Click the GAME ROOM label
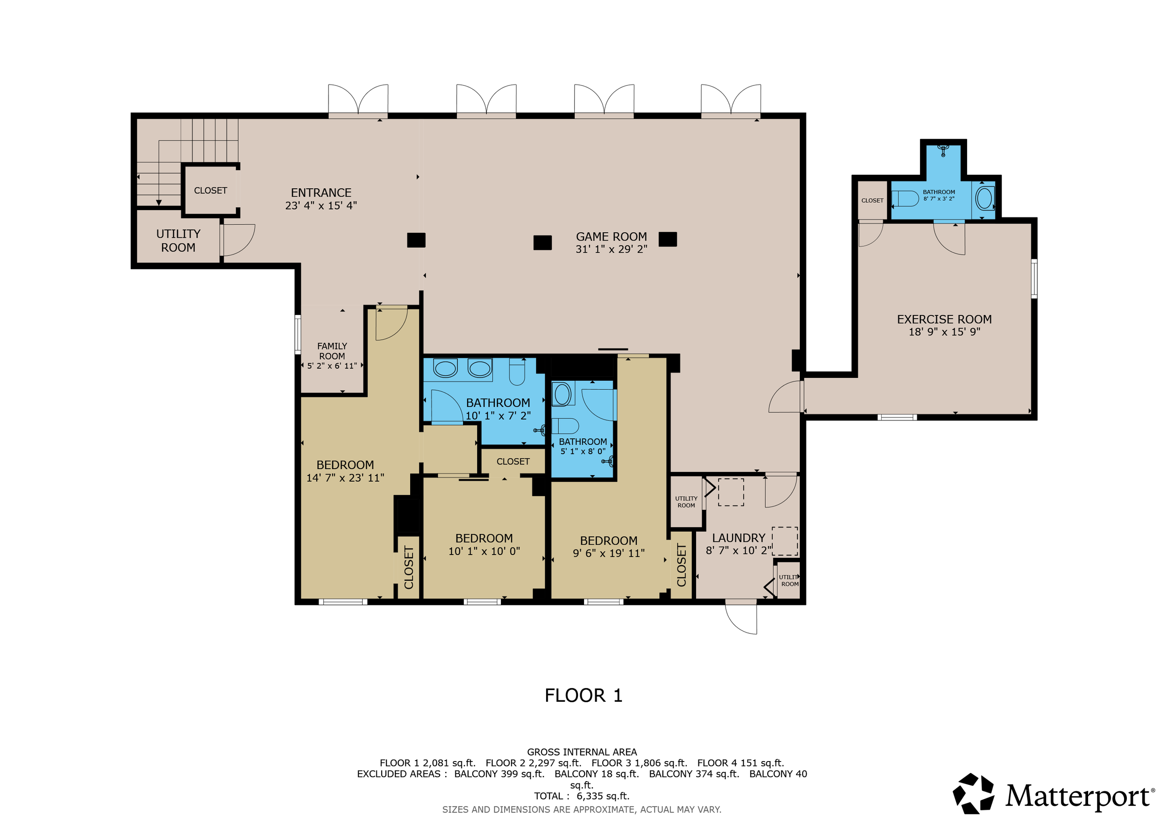click(x=611, y=236)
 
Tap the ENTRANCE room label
click(x=321, y=193)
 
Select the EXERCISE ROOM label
click(x=944, y=320)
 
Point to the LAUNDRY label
click(x=738, y=538)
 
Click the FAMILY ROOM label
click(x=332, y=351)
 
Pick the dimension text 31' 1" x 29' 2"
click(x=611, y=249)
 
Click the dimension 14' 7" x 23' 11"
click(x=345, y=477)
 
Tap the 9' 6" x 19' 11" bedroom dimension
click(x=608, y=553)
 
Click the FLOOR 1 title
click(x=584, y=696)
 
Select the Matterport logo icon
click(x=974, y=793)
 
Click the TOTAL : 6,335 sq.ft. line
click(x=582, y=796)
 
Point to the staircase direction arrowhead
click(x=159, y=202)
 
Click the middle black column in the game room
click(x=542, y=242)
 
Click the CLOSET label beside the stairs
click(x=210, y=191)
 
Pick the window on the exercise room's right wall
click(x=1034, y=279)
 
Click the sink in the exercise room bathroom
click(x=943, y=150)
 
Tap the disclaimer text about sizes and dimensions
click(x=582, y=810)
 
